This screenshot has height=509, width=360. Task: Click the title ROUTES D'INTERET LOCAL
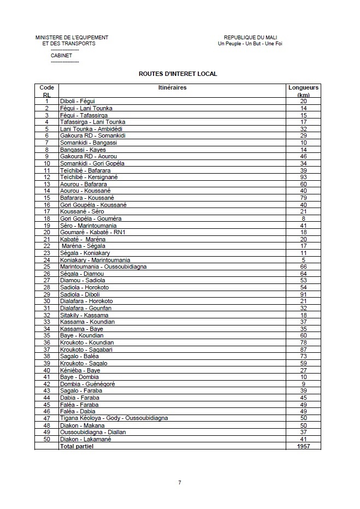click(178, 73)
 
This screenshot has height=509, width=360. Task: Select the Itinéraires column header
click(172, 87)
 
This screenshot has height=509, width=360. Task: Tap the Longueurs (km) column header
click(304, 91)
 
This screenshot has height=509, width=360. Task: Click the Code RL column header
click(47, 91)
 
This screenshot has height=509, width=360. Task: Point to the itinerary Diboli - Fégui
click(77, 101)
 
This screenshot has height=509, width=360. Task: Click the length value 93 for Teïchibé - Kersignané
click(304, 177)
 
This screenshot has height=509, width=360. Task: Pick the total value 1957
click(304, 446)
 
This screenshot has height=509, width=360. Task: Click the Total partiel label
click(76, 446)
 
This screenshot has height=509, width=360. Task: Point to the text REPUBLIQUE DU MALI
click(250, 37)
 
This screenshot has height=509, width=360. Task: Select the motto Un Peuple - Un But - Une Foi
click(250, 43)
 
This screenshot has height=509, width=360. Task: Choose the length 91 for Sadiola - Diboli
click(304, 294)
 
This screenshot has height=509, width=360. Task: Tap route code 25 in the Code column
click(47, 267)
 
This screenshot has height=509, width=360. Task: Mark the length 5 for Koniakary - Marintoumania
click(304, 259)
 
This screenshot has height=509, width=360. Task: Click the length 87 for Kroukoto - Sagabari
click(304, 349)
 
